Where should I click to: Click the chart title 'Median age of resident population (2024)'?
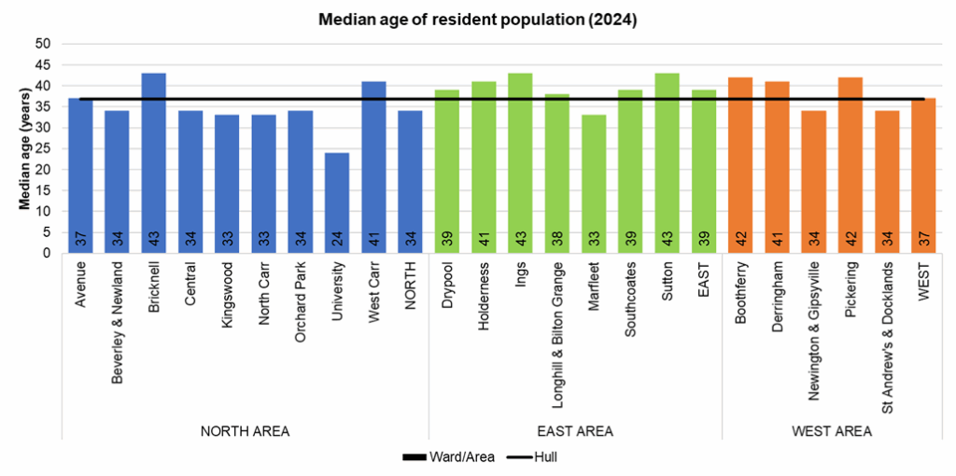tap(477, 20)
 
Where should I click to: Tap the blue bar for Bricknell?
tap(153, 163)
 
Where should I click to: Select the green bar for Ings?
tap(520, 163)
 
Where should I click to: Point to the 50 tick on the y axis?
tap(43, 44)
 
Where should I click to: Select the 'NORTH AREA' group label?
tap(245, 431)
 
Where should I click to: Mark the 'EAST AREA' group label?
tap(575, 431)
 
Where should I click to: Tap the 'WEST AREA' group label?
tap(832, 431)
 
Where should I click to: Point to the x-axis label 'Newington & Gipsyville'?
tap(814, 330)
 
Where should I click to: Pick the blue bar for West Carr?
tap(373, 167)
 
